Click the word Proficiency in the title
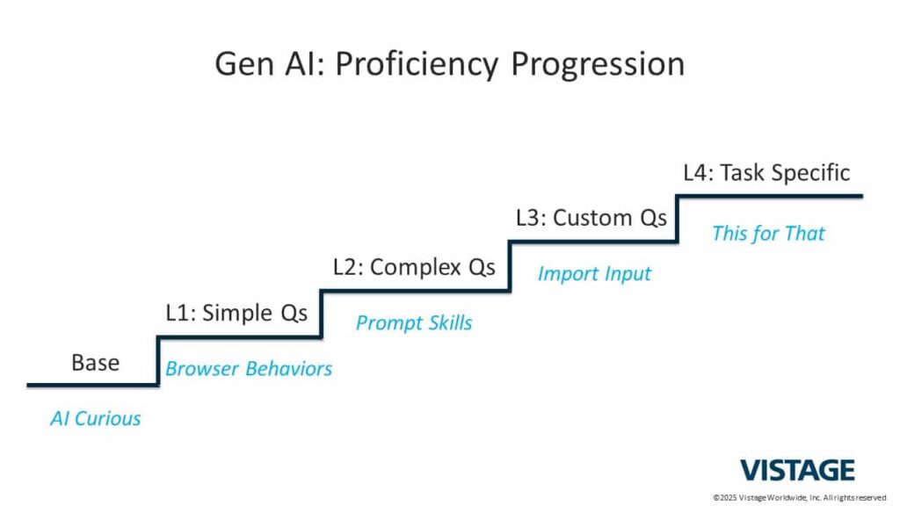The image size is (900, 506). pyautogui.click(x=417, y=64)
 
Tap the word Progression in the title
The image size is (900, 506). pyautogui.click(x=598, y=64)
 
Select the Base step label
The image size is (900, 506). pyautogui.click(x=95, y=363)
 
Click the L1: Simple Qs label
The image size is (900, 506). pyautogui.click(x=236, y=313)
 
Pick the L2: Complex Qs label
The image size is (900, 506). pyautogui.click(x=414, y=267)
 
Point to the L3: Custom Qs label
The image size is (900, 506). pyautogui.click(x=592, y=218)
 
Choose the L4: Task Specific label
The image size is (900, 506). pyautogui.click(x=766, y=173)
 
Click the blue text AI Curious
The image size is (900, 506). pyautogui.click(x=95, y=418)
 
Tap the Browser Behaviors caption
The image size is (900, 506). pyautogui.click(x=249, y=368)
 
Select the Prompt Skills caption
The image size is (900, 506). pyautogui.click(x=414, y=322)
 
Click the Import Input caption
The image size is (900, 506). pyautogui.click(x=594, y=274)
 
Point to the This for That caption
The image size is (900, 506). pyautogui.click(x=768, y=234)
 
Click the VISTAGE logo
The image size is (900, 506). pyautogui.click(x=797, y=471)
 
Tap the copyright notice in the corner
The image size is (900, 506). pyautogui.click(x=800, y=497)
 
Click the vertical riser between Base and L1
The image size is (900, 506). pyautogui.click(x=158, y=361)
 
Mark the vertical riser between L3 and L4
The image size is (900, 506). pyautogui.click(x=678, y=219)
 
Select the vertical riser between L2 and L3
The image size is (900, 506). pyautogui.click(x=509, y=267)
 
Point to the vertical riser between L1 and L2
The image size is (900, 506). pyautogui.click(x=321, y=314)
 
